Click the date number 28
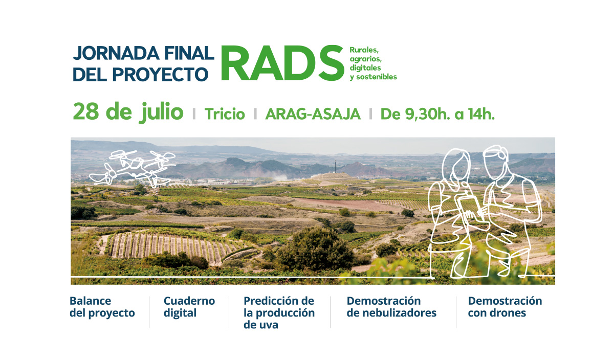coord(86,112)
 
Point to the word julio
coord(161,112)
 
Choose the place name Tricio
coord(225,114)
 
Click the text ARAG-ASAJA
coord(313,114)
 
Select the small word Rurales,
coord(364,50)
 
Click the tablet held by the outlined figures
coord(470,207)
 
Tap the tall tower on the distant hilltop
coord(336,167)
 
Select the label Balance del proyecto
coord(102,307)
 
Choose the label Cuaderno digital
coord(189,307)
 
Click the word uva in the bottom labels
coord(268,325)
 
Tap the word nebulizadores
coord(391,313)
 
